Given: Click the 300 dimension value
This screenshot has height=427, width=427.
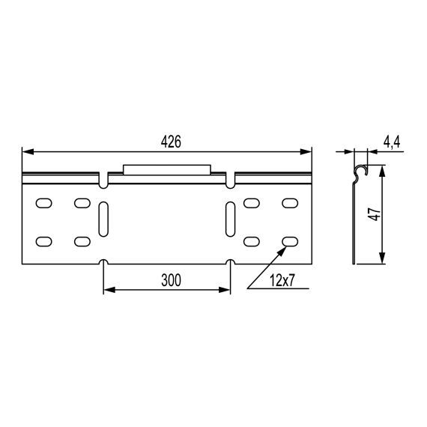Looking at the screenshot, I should (x=172, y=281).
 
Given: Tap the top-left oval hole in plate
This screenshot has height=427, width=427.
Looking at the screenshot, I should (x=44, y=202).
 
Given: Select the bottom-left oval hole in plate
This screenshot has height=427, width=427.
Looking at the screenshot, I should (x=44, y=241).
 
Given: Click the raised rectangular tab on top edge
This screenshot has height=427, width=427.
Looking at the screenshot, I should (x=166, y=169).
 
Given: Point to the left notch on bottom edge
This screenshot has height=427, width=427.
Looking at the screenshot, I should (x=103, y=263).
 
